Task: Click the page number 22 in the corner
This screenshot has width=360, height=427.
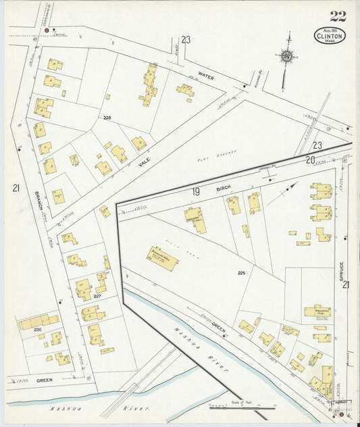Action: [338, 16]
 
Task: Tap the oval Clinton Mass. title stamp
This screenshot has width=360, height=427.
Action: [330, 36]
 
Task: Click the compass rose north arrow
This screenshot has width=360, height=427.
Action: [287, 57]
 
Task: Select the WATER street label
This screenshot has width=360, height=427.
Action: [206, 77]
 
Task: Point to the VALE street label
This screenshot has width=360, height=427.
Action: [143, 160]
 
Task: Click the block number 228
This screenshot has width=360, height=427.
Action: [107, 117]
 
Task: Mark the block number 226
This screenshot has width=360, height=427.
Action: [38, 330]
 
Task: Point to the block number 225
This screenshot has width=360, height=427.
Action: [241, 273]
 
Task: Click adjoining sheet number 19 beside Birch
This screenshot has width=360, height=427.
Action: [195, 193]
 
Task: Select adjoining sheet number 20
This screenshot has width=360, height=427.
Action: [310, 159]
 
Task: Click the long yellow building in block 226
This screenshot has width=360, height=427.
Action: [38, 322]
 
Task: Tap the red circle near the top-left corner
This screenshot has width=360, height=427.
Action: [46, 30]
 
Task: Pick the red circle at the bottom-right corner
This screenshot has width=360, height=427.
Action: [341, 414]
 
